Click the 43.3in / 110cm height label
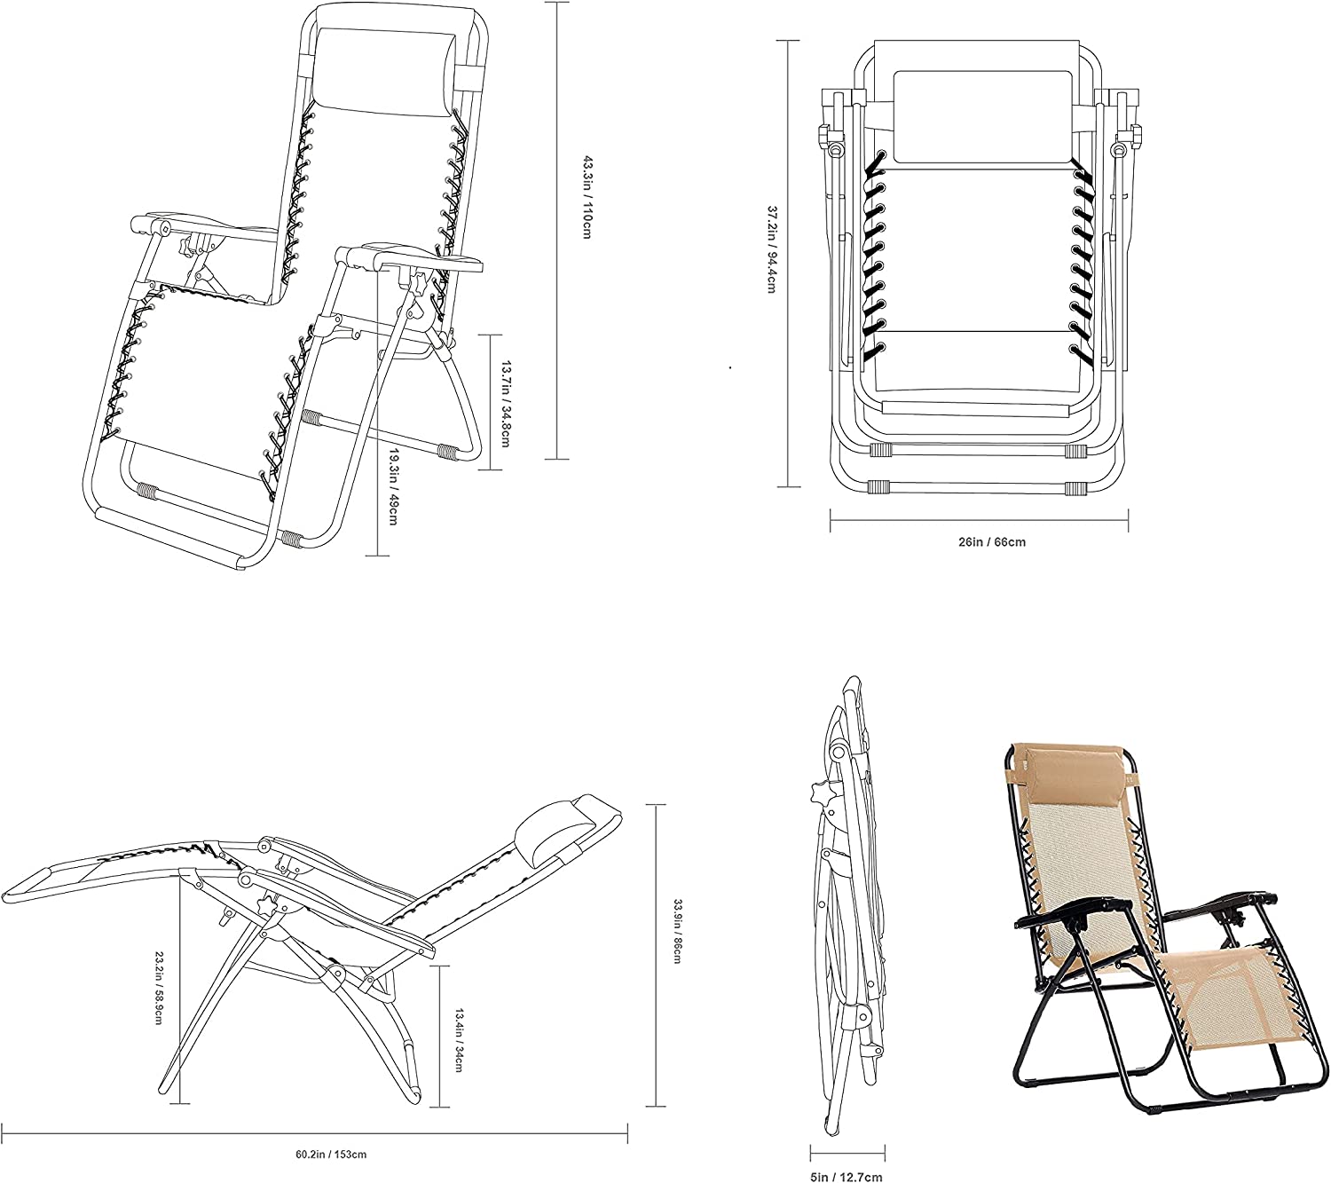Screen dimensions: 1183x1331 click(x=587, y=197)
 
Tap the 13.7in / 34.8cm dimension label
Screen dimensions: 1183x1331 click(x=505, y=403)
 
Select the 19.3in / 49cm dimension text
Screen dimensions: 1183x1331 click(x=392, y=485)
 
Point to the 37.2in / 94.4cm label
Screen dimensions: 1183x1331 click(x=772, y=249)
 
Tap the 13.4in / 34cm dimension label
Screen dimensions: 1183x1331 click(x=460, y=1039)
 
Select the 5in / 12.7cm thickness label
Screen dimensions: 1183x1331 click(x=847, y=1177)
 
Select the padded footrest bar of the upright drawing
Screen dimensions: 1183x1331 click(x=169, y=532)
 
